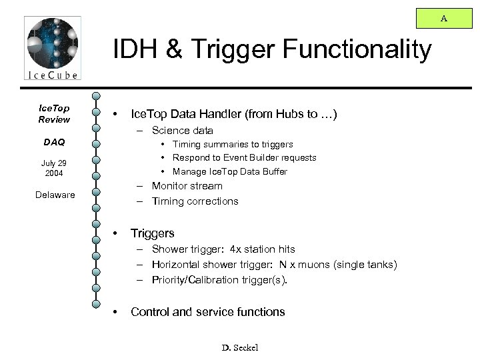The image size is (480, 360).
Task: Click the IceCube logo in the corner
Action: click(51, 49)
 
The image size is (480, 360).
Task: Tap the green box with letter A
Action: click(443, 19)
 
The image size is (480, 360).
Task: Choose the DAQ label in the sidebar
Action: click(53, 143)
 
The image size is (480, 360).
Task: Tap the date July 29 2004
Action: click(53, 168)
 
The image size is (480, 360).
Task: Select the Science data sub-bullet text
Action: click(182, 131)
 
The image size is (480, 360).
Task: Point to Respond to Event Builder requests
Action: click(244, 158)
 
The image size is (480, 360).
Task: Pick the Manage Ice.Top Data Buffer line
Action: click(229, 172)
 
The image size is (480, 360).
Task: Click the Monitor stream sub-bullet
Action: click(187, 186)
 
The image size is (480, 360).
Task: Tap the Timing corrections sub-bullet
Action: click(195, 201)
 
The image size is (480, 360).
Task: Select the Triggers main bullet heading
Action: click(153, 233)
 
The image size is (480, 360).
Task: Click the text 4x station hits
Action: click(263, 249)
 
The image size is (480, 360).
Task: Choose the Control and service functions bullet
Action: click(208, 311)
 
